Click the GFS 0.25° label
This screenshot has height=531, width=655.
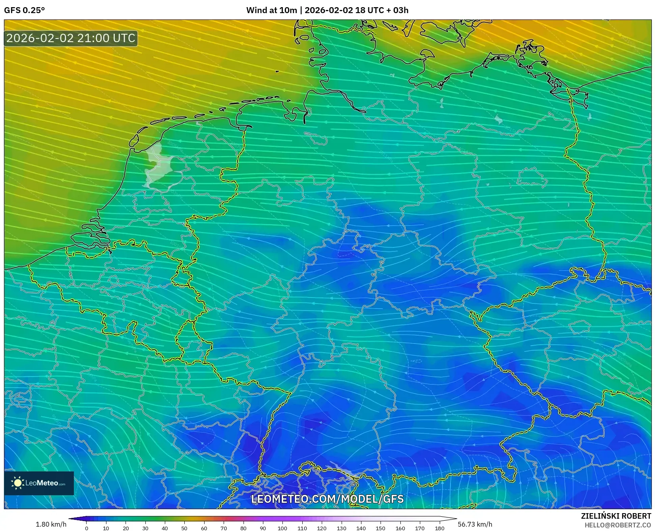point(24,10)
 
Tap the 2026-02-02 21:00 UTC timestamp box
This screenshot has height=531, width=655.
point(71,38)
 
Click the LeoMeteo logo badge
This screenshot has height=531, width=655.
point(39,483)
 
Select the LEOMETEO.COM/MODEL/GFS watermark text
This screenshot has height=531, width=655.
point(327,499)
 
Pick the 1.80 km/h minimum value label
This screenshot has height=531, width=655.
point(51,524)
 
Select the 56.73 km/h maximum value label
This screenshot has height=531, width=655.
point(475,524)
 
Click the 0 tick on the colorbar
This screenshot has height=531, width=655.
point(87,528)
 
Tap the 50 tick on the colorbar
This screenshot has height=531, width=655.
point(184,528)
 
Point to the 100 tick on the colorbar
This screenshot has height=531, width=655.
point(282,528)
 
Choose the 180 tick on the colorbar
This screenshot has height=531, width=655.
point(439,528)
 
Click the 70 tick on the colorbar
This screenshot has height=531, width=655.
point(224,528)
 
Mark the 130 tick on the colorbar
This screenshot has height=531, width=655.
point(341,528)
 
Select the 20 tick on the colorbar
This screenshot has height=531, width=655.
point(126,528)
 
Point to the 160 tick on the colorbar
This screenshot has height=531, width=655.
point(400,528)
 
